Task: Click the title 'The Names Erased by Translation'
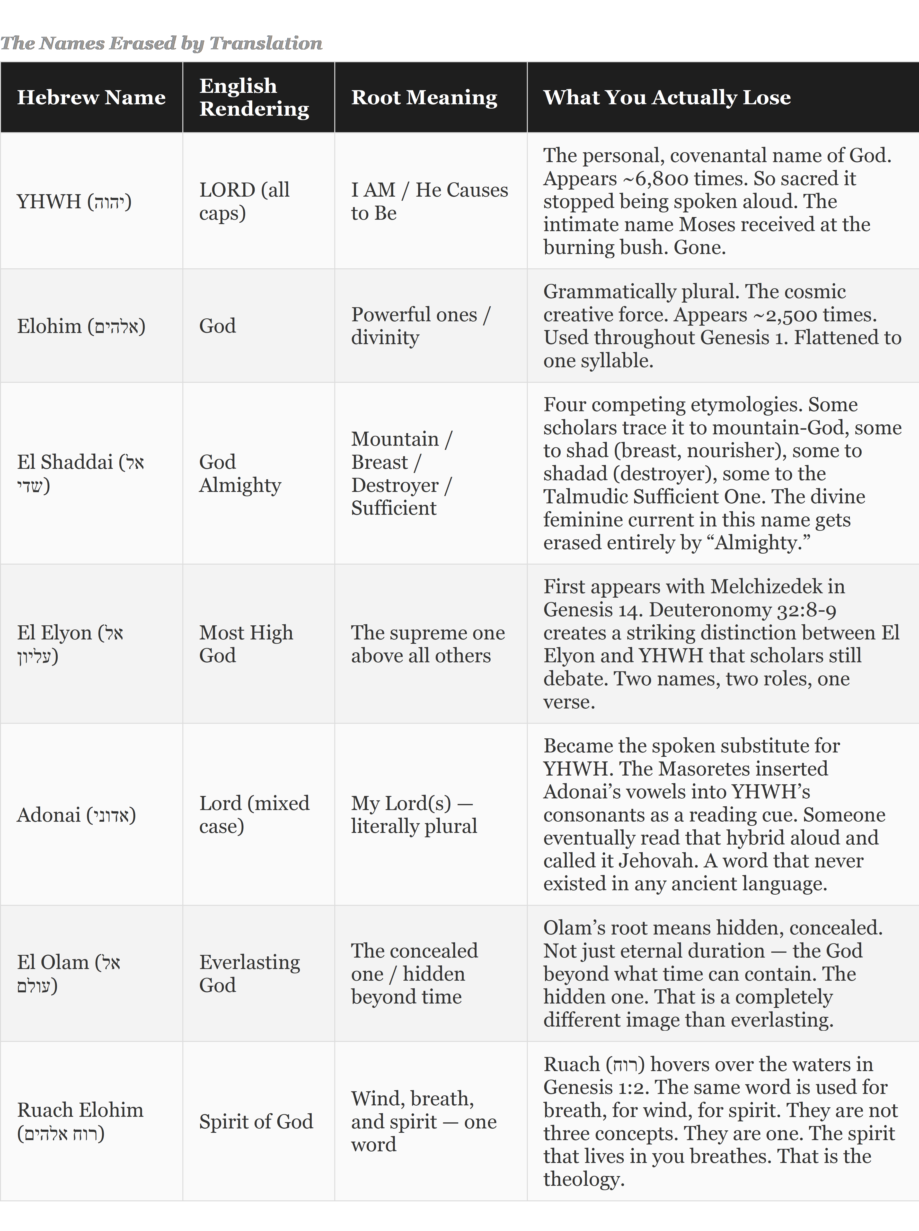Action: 161,43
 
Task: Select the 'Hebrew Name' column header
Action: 91,97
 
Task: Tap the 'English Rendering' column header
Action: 254,97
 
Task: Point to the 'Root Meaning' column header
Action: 424,97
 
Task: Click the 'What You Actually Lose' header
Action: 667,97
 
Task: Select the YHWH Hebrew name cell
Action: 74,201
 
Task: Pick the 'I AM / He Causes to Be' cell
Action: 429,201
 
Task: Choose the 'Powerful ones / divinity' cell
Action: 421,326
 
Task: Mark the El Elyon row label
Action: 70,644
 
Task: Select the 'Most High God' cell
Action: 246,644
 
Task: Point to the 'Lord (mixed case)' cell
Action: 254,815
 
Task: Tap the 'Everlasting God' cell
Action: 249,974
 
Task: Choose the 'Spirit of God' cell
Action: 256,1121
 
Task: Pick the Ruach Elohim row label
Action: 80,1121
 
